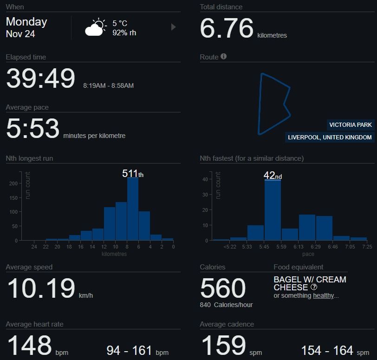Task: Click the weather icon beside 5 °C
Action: point(95,27)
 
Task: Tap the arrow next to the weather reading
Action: point(174,27)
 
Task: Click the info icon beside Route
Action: point(223,57)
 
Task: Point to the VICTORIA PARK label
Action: point(351,125)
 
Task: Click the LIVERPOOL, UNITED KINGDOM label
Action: point(330,137)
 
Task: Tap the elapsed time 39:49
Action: point(40,79)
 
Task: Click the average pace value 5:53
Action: point(32,129)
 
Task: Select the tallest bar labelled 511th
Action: point(133,209)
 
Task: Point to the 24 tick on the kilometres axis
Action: point(34,247)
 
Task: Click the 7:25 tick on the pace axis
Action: point(367,247)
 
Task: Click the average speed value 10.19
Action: point(41,288)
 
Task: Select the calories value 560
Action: point(223,288)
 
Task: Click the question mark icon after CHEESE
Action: point(314,287)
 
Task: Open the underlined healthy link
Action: point(323,295)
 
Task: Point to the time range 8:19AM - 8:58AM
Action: point(108,86)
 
